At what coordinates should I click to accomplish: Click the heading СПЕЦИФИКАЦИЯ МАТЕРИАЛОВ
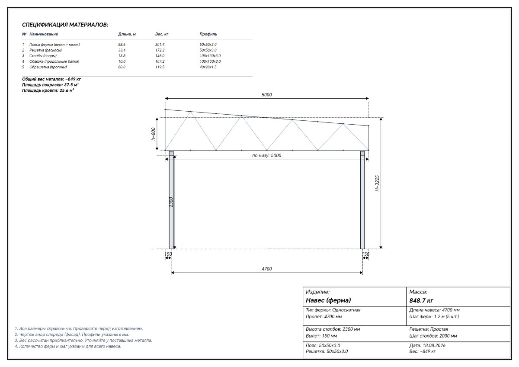[65, 25]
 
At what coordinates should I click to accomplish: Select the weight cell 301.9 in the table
[160, 45]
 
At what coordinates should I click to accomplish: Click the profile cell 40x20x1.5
[208, 67]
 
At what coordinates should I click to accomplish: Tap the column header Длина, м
[127, 34]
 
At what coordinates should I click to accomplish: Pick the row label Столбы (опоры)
[43, 56]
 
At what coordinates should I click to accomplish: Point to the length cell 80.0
[122, 67]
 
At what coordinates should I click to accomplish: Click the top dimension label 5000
[267, 95]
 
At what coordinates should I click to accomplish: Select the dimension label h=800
[153, 134]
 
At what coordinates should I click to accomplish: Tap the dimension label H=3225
[377, 183]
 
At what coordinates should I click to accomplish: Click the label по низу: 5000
[267, 155]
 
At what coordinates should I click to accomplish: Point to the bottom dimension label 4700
[267, 269]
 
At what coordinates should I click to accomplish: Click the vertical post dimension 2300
[171, 202]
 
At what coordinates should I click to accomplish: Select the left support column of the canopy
[171, 200]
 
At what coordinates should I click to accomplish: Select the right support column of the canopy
[362, 200]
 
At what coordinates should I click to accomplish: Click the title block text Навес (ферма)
[328, 300]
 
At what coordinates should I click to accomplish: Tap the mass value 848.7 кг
[421, 300]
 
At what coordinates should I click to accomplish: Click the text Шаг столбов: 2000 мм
[433, 336]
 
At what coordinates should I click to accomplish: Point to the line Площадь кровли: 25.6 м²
[48, 90]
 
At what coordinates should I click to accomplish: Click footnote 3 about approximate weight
[83, 340]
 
